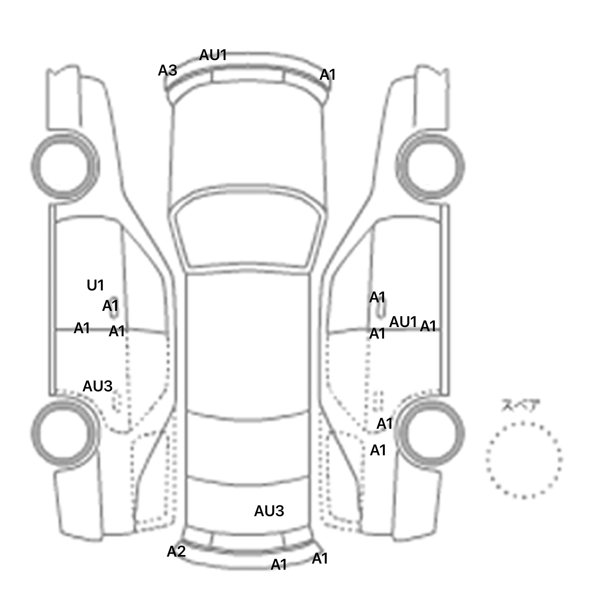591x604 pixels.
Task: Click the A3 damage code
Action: coord(168,70)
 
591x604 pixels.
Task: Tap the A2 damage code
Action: coord(176,552)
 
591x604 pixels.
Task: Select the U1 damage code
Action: coord(95,285)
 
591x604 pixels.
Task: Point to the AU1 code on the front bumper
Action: coord(213,55)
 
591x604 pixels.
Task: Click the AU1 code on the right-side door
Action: coord(403,322)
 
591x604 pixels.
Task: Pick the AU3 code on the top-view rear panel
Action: coord(269,511)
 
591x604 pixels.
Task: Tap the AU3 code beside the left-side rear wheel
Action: coord(98,386)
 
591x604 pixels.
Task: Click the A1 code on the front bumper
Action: coord(328,75)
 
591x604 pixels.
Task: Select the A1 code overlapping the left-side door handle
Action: coord(110,306)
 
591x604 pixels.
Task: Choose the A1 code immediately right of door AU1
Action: coord(428,326)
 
